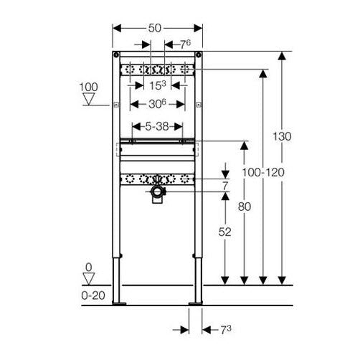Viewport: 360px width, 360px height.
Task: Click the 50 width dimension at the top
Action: tap(155, 28)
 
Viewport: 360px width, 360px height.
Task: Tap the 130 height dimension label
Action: tap(282, 136)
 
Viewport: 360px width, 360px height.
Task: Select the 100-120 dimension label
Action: tap(263, 172)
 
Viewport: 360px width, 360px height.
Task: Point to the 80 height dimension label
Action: tap(245, 207)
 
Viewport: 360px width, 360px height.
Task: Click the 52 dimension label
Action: tap(224, 232)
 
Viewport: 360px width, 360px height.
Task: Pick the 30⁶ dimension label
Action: tap(157, 104)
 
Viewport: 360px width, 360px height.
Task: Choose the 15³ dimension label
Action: tap(158, 85)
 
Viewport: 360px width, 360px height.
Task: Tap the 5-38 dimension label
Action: tap(157, 126)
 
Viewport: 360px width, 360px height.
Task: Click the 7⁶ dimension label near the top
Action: tap(185, 44)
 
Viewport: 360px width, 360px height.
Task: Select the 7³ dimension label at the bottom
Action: tap(226, 330)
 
